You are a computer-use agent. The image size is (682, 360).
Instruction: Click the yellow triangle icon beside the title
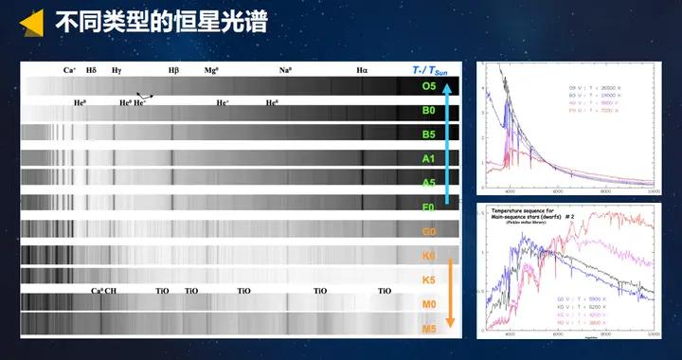(x=30, y=22)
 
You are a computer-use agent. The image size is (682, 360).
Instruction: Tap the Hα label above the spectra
(x=363, y=70)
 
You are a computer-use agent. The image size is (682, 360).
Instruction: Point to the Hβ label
(x=173, y=70)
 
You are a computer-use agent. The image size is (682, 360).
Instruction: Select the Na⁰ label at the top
(x=285, y=70)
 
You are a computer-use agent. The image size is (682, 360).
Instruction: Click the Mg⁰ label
(x=211, y=70)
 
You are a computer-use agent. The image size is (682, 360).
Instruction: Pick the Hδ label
(x=92, y=70)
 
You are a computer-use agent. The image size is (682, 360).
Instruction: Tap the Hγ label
(x=117, y=70)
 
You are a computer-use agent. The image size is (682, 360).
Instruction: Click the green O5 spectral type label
(x=429, y=86)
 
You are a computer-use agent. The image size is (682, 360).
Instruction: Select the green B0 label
(x=429, y=111)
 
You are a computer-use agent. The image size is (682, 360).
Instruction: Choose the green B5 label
(x=429, y=135)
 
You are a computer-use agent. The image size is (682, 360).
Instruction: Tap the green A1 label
(x=429, y=159)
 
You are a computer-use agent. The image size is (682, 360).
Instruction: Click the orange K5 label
(x=429, y=280)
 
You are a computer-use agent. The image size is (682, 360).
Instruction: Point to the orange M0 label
(x=429, y=304)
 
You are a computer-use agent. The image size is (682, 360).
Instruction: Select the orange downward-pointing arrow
(x=451, y=284)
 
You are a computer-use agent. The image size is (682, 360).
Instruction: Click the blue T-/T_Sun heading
(x=430, y=70)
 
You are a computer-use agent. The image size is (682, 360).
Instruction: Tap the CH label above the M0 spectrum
(x=111, y=291)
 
